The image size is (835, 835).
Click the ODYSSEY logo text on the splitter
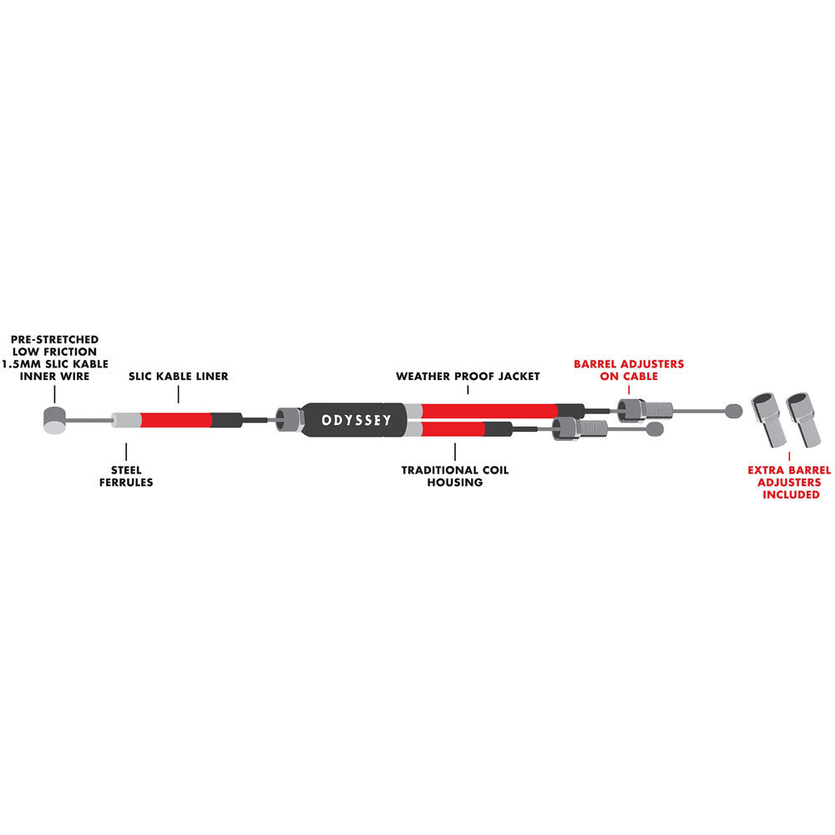357,419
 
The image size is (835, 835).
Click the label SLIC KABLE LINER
179,377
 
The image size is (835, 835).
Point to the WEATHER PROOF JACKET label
468,377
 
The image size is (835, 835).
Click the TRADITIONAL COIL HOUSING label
454,476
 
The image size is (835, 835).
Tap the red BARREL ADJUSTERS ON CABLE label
628,370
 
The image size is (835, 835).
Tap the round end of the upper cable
734,410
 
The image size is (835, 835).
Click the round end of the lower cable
657,430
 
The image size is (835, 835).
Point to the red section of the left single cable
175,418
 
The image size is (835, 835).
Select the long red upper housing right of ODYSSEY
488,409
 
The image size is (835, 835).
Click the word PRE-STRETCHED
54,339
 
